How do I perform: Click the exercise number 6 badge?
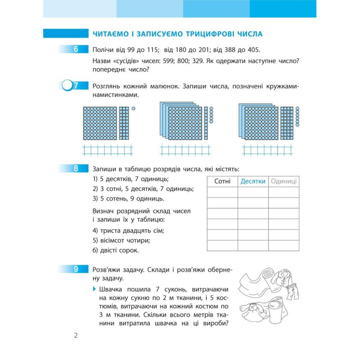coord(76,50)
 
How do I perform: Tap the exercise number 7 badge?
coord(75,85)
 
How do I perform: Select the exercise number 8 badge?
coord(76,169)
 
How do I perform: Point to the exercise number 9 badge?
coord(76,270)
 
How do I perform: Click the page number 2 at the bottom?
coord(76,335)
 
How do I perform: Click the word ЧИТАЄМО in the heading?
coord(110,34)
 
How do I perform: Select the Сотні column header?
coord(222,181)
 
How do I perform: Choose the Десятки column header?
coord(253,181)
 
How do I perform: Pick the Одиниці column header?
coord(283,181)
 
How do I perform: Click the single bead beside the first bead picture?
coord(133,109)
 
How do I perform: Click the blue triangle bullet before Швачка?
coord(94,289)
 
